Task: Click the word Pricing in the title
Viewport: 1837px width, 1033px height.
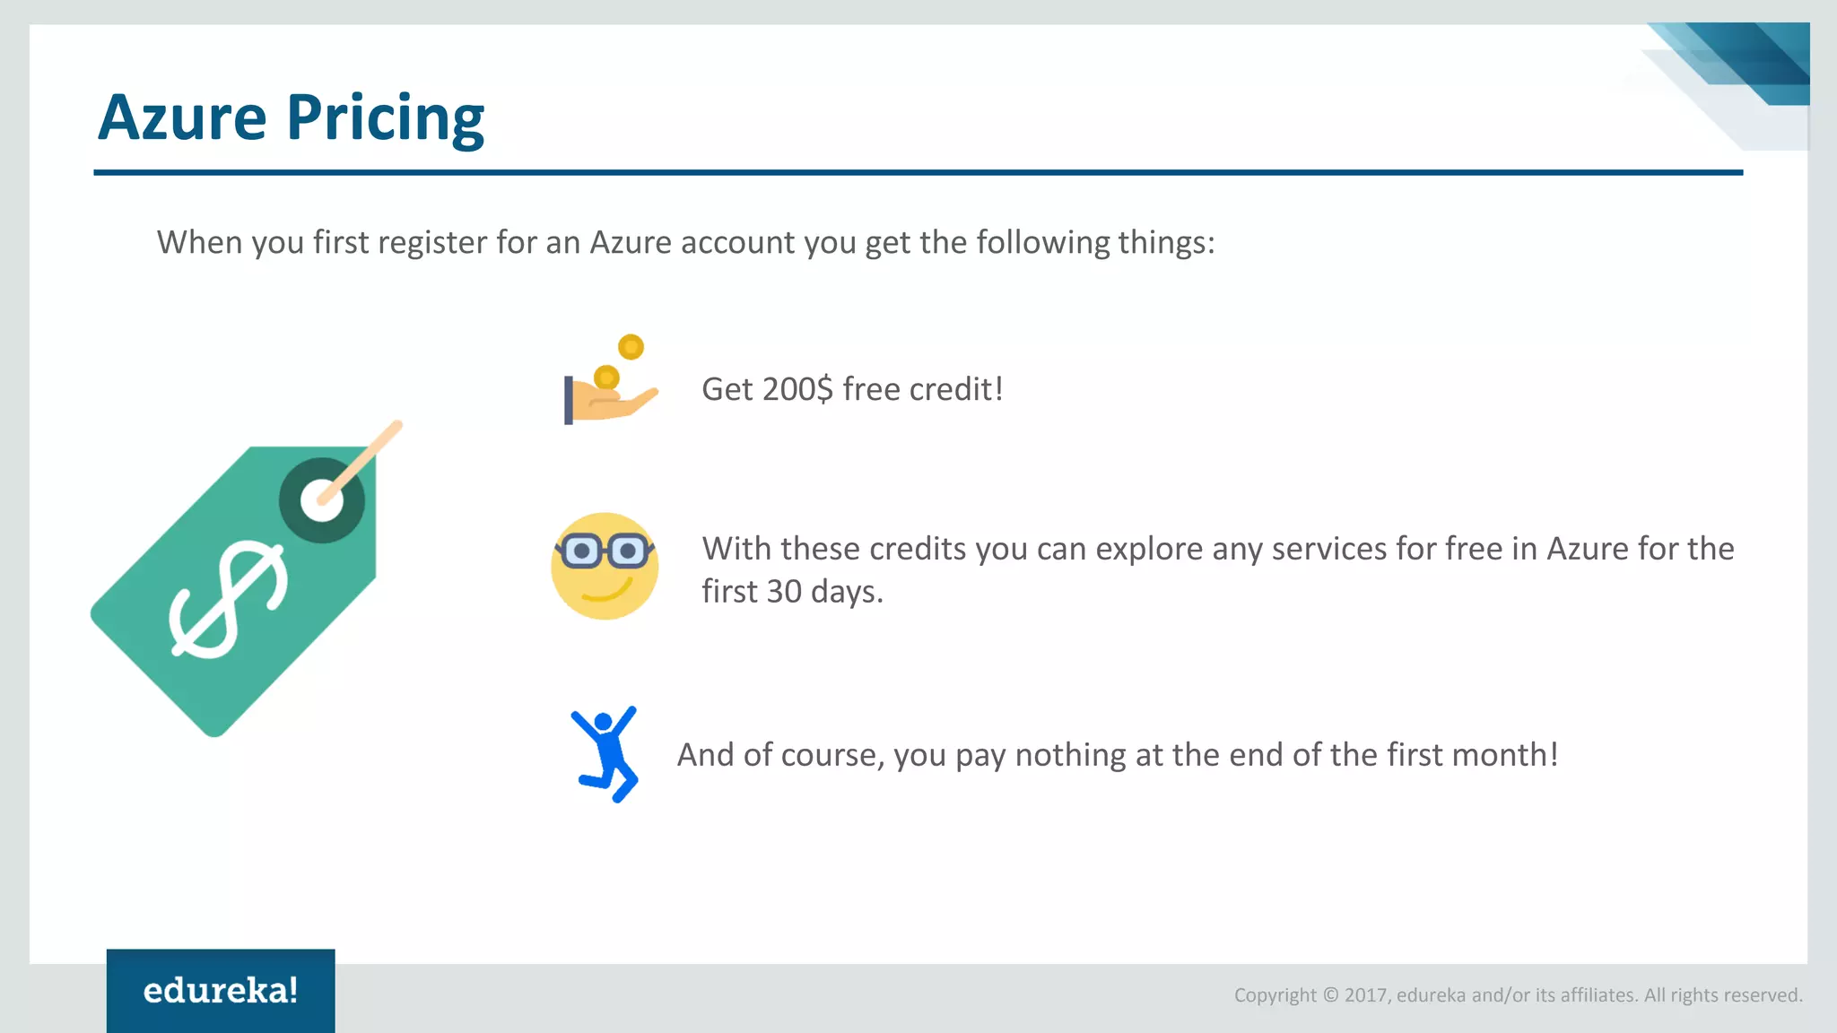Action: (385, 118)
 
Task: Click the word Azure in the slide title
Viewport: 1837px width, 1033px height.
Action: (182, 118)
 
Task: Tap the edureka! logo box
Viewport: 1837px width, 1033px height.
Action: (221, 990)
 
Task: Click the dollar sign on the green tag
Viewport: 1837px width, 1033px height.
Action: (229, 599)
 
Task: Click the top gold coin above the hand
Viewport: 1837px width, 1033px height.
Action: (631, 347)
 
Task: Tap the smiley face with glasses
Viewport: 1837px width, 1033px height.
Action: (605, 566)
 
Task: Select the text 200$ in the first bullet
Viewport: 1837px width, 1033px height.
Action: (797, 389)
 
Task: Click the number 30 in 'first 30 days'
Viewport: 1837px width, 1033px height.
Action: (784, 592)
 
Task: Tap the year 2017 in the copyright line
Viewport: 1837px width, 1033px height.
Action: (1366, 995)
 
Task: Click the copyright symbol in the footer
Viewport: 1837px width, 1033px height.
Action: (1330, 995)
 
